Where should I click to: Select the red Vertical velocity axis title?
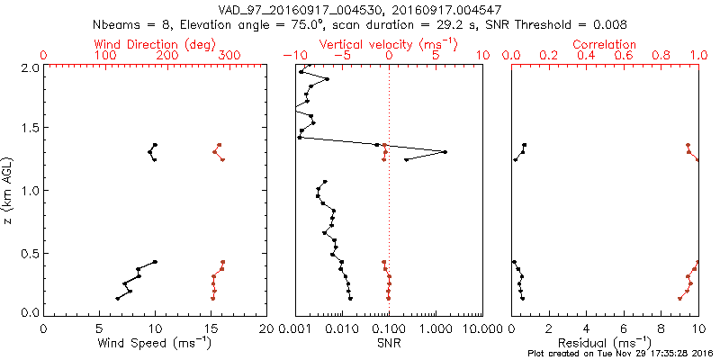point(388,44)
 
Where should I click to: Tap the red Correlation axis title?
point(605,44)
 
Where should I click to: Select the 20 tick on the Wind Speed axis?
point(266,329)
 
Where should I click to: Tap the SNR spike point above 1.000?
point(445,152)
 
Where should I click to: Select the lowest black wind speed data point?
point(118,298)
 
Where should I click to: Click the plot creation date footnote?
point(620,352)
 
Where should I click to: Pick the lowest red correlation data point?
point(679,298)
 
